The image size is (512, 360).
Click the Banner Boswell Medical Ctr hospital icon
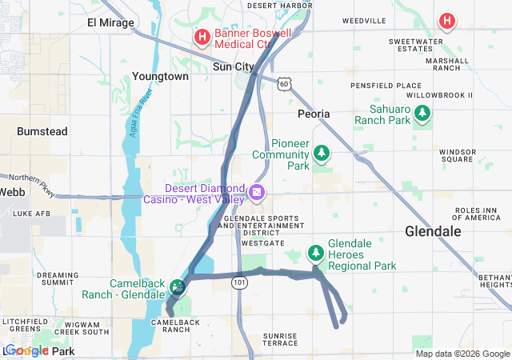[202, 36]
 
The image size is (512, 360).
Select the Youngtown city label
[161, 76]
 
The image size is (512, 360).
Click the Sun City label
[234, 67]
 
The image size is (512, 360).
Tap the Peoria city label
[314, 114]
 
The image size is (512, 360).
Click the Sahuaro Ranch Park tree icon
[422, 118]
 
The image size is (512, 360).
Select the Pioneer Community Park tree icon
[321, 151]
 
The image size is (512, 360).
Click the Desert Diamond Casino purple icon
[257, 192]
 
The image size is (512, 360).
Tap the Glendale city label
[433, 231]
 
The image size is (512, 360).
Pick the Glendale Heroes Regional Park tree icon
[316, 254]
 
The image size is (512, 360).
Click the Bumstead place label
[42, 130]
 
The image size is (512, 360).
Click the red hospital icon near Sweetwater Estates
[446, 21]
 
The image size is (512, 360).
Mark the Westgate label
[262, 242]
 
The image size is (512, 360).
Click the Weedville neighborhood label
[364, 19]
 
